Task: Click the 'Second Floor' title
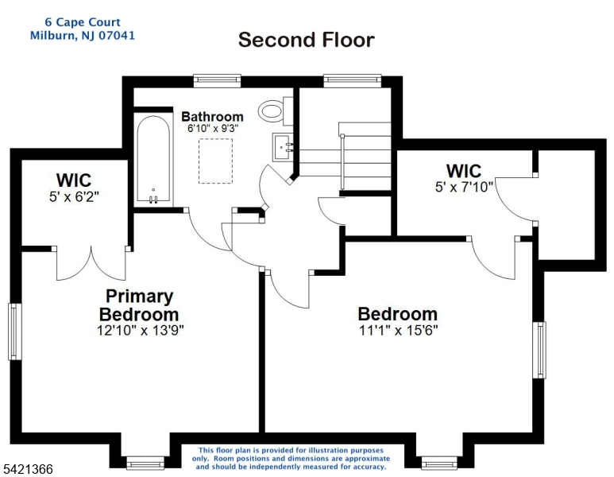pos(307,40)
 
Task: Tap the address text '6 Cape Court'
pos(83,22)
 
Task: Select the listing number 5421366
pos(28,469)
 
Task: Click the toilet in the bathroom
pos(276,111)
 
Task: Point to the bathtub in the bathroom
pos(153,160)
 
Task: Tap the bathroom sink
pos(283,146)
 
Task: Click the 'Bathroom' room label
pos(212,116)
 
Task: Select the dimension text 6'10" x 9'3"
pos(213,129)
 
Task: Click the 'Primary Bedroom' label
pos(139,305)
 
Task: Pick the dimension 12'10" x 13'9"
pos(140,331)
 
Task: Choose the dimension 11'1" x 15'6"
pos(398,331)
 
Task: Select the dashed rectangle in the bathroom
pos(215,161)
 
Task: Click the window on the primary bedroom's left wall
pos(15,332)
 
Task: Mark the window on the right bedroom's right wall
pos(539,350)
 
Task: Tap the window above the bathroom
pos(218,80)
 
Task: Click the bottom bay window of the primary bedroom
pos(145,463)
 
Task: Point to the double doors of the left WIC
pos(91,263)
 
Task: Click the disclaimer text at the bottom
pos(291,459)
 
